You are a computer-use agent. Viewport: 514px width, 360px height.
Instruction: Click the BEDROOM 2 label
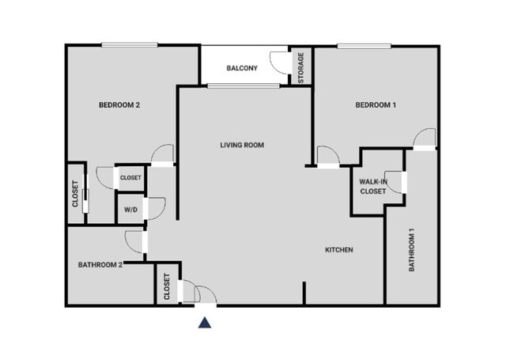click(x=119, y=105)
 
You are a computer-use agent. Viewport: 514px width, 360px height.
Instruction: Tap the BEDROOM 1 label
click(x=375, y=105)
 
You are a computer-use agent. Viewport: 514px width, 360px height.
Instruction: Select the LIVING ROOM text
click(x=241, y=145)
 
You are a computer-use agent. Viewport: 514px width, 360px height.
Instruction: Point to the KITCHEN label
click(x=338, y=250)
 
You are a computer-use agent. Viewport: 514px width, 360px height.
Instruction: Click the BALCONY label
click(x=242, y=68)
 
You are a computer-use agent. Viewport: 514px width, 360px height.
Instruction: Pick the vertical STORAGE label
click(x=300, y=67)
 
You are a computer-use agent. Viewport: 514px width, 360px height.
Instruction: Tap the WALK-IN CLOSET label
click(x=373, y=186)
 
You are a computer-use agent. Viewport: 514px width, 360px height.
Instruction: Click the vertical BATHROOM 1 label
click(x=412, y=251)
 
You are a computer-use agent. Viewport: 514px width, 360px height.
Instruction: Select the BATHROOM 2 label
click(x=100, y=264)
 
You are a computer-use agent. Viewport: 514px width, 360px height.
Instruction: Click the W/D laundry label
click(x=129, y=210)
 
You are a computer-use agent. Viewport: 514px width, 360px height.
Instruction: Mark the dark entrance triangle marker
click(x=205, y=322)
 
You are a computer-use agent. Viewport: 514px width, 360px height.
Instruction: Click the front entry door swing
click(x=204, y=294)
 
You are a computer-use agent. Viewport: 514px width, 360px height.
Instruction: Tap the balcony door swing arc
click(x=280, y=62)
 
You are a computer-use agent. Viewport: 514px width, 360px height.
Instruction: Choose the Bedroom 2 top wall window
click(x=129, y=45)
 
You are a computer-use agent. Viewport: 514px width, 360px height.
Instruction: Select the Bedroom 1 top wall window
click(x=364, y=45)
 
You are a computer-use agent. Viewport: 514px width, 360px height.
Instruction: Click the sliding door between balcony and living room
click(x=243, y=85)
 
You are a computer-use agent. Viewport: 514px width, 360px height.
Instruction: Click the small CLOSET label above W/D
click(x=130, y=178)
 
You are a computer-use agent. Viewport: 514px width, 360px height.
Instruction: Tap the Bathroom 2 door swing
click(x=134, y=241)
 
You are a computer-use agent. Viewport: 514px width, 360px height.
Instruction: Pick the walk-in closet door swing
click(x=393, y=181)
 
